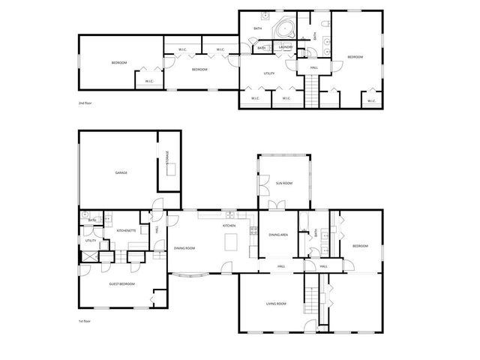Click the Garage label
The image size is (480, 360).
pos(121,172)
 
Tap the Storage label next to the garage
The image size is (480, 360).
pos(167,160)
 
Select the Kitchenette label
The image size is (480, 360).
pos(127,230)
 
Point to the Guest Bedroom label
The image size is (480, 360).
pos(121,283)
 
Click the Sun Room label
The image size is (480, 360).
pos(283,183)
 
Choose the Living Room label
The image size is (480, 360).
pos(277,304)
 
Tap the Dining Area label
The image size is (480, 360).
pos(278,235)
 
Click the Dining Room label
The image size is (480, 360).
pos(184,247)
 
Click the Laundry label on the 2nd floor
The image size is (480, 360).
pos(285,48)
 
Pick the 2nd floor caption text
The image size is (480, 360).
pos(86,102)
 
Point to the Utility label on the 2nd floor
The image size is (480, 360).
pos(268,73)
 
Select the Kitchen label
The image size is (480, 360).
pos(229,225)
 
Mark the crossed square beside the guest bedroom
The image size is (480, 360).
pos(88,256)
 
